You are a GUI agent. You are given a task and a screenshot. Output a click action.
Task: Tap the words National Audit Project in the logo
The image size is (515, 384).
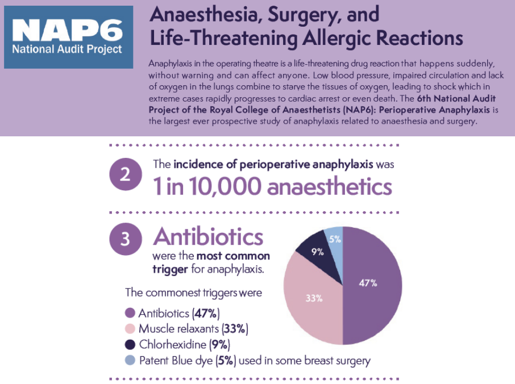coord(68,49)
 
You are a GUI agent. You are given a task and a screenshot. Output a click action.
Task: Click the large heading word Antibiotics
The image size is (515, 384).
coord(209,236)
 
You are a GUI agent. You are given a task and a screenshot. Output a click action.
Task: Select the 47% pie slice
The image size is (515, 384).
coord(369,284)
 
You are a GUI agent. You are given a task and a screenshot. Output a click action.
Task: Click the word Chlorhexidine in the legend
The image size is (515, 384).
coord(173,344)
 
